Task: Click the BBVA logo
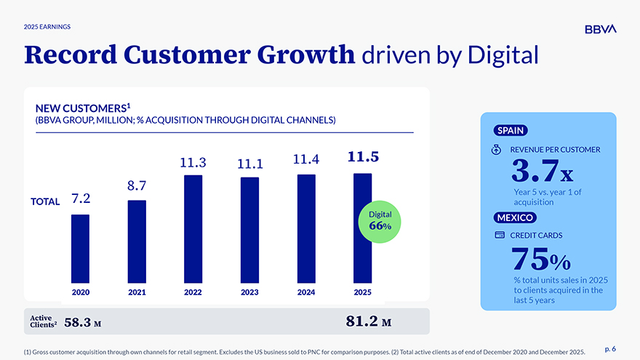pos(600,29)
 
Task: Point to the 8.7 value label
pos(137,187)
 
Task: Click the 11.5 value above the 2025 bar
pos(363,157)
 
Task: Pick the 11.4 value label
pos(306,159)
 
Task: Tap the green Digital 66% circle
pos(380,221)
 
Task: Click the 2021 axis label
pos(137,292)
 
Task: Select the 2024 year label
pos(306,292)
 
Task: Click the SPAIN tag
pos(511,131)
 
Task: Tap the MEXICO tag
pos(515,217)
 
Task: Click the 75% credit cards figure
pos(540,258)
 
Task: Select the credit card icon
pos(500,236)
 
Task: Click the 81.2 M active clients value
pos(369,321)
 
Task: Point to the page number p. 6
pos(609,350)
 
